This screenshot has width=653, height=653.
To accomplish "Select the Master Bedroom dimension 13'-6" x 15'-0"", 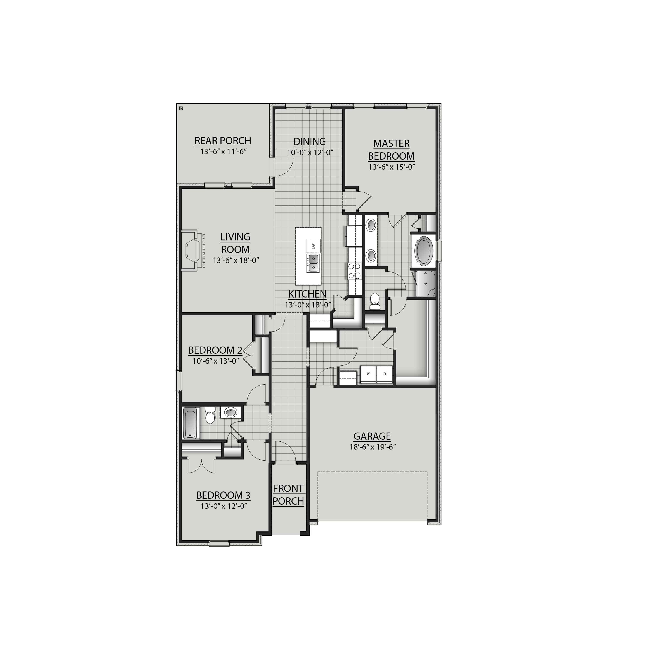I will click(391, 167).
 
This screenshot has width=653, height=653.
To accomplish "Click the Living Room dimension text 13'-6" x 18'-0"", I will click(235, 260).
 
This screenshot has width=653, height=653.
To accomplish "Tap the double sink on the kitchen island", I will click(313, 264).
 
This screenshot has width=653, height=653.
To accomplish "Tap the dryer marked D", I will click(385, 374).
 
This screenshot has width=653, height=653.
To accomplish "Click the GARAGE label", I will click(372, 436).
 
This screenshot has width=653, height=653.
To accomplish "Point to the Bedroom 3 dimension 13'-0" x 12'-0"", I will click(223, 506).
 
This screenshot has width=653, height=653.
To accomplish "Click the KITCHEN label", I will click(307, 294).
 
